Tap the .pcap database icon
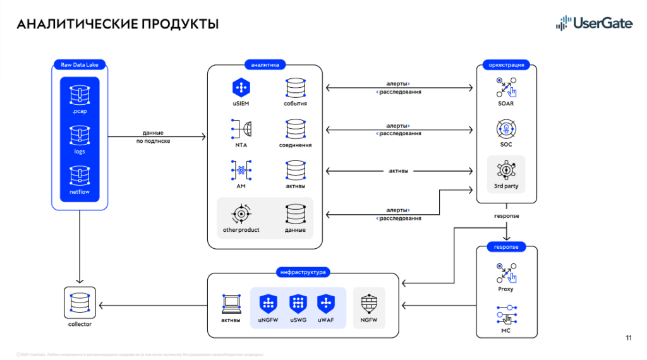80,94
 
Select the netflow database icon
80,176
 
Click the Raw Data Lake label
80,64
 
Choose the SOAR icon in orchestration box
506,87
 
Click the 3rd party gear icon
506,171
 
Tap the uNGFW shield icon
268,304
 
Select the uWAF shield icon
326,304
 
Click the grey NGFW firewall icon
369,304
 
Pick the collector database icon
80,304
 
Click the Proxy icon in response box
506,273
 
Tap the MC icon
506,315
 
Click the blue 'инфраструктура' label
303,273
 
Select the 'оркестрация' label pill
506,64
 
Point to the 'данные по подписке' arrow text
154,137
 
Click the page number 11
629,338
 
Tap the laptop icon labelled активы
231,303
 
